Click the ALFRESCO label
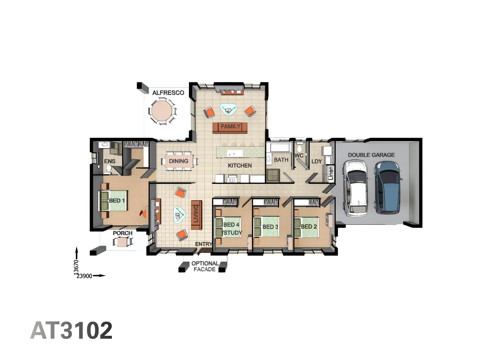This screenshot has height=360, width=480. pos(168,93)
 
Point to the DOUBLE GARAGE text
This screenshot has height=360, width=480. pos(371,155)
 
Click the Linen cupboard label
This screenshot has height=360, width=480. pos(330,174)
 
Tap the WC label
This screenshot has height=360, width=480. pos(299,156)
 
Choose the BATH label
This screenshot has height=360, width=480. pos(281,160)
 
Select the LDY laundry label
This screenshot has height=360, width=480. pos(317,161)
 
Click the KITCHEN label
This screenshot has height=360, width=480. pos(240,165)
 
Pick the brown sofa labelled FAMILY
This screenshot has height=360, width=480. pos(230,127)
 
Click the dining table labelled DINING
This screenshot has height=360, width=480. pos(179,161)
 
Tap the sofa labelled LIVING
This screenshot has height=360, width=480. pos(196,215)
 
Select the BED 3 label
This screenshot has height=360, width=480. pos(270,227)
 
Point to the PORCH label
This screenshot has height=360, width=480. pos(122,233)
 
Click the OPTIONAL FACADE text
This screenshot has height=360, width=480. pos(205,266)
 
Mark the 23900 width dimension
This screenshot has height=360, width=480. pos(84,276)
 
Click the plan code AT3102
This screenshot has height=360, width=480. pos(71,330)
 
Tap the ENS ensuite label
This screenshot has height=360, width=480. pos(110,161)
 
